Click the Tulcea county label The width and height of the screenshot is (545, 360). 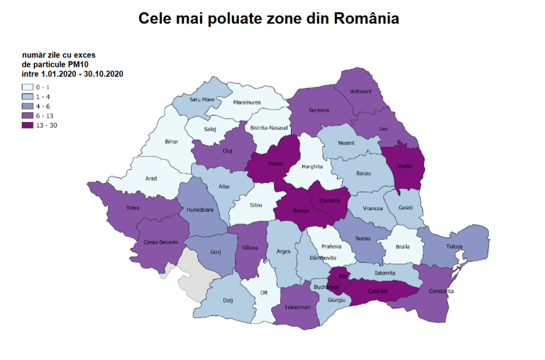(x=453, y=246)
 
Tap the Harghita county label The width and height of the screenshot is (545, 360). (x=312, y=167)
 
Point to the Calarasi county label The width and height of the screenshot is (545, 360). (x=378, y=290)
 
